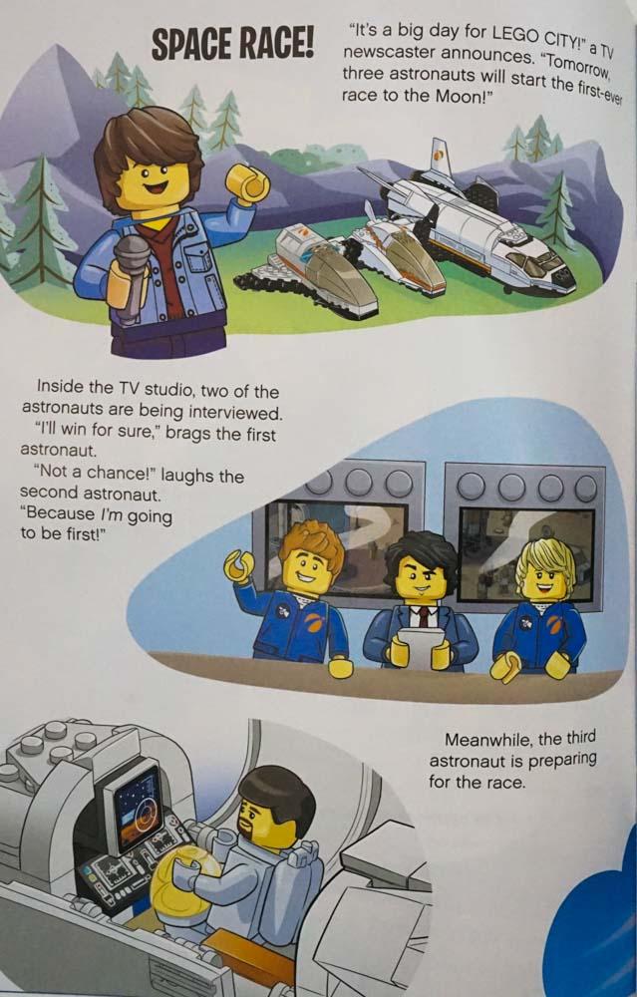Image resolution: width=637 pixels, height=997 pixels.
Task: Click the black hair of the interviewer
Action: [x=421, y=552]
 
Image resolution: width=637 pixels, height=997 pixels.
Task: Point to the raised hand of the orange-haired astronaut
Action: [x=238, y=566]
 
